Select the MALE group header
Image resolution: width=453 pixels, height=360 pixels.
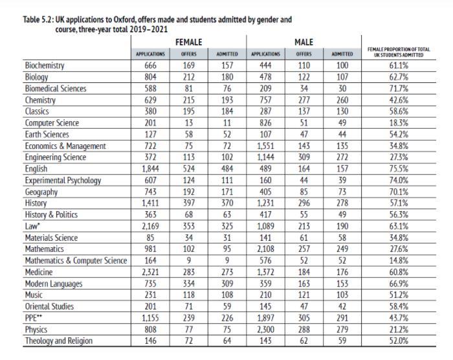(304, 42)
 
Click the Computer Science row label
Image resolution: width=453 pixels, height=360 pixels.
(52, 123)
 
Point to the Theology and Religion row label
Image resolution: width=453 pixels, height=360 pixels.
(59, 341)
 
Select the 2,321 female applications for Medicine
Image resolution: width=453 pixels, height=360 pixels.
(151, 272)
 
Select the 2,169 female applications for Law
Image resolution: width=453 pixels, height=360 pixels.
(151, 227)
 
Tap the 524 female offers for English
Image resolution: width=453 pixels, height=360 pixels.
(188, 169)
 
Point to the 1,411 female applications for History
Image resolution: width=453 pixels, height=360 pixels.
(151, 203)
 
